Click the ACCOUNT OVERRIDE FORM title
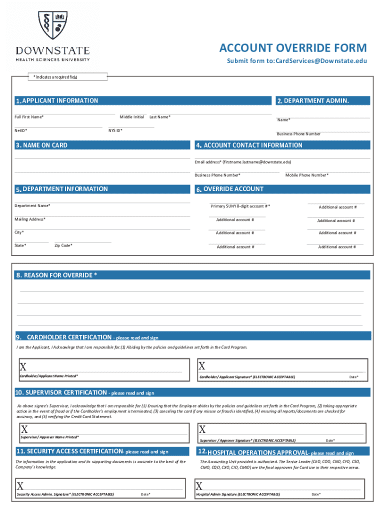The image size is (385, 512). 292,48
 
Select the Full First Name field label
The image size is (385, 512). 29,117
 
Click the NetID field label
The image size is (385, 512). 21,130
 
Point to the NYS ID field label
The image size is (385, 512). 115,130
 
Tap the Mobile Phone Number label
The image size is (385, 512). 307,175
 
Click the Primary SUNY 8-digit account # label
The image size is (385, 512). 240,206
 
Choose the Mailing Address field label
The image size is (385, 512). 30,219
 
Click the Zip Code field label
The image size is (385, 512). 63,245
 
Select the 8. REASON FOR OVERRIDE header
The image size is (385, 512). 57,275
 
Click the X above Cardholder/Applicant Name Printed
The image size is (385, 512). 23,366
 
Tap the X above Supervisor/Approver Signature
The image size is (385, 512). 202,429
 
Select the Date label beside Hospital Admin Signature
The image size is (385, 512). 315,494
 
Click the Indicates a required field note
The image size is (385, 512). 55,77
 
